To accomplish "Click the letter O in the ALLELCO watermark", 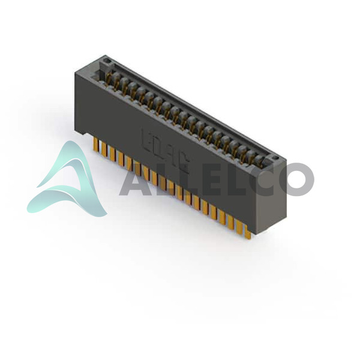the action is (x=297, y=179).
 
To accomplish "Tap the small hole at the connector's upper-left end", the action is (x=106, y=61).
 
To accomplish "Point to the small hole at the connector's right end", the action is (x=275, y=158).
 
